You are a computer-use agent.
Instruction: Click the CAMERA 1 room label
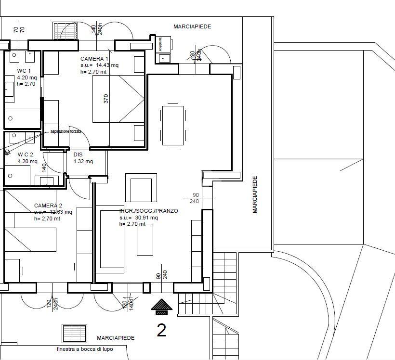(94, 58)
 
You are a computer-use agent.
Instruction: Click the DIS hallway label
(78, 154)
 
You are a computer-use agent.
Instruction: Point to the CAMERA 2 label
(48, 206)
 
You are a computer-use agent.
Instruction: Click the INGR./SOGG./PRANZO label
(149, 211)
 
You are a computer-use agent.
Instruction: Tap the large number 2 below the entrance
(161, 330)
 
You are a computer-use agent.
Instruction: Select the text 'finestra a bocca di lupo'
(84, 349)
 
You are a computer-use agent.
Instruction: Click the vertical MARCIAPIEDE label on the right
(255, 194)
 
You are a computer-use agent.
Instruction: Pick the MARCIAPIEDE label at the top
(192, 27)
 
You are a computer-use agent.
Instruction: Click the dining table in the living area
(173, 125)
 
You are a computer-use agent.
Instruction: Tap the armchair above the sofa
(141, 189)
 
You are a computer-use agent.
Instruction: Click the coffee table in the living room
(145, 239)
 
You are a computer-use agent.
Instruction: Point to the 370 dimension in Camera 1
(106, 98)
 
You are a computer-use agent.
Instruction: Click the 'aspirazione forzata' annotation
(66, 131)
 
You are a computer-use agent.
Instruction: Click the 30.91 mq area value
(147, 218)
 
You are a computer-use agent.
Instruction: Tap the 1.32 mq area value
(83, 161)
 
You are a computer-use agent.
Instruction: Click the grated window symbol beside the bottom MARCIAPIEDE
(74, 333)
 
